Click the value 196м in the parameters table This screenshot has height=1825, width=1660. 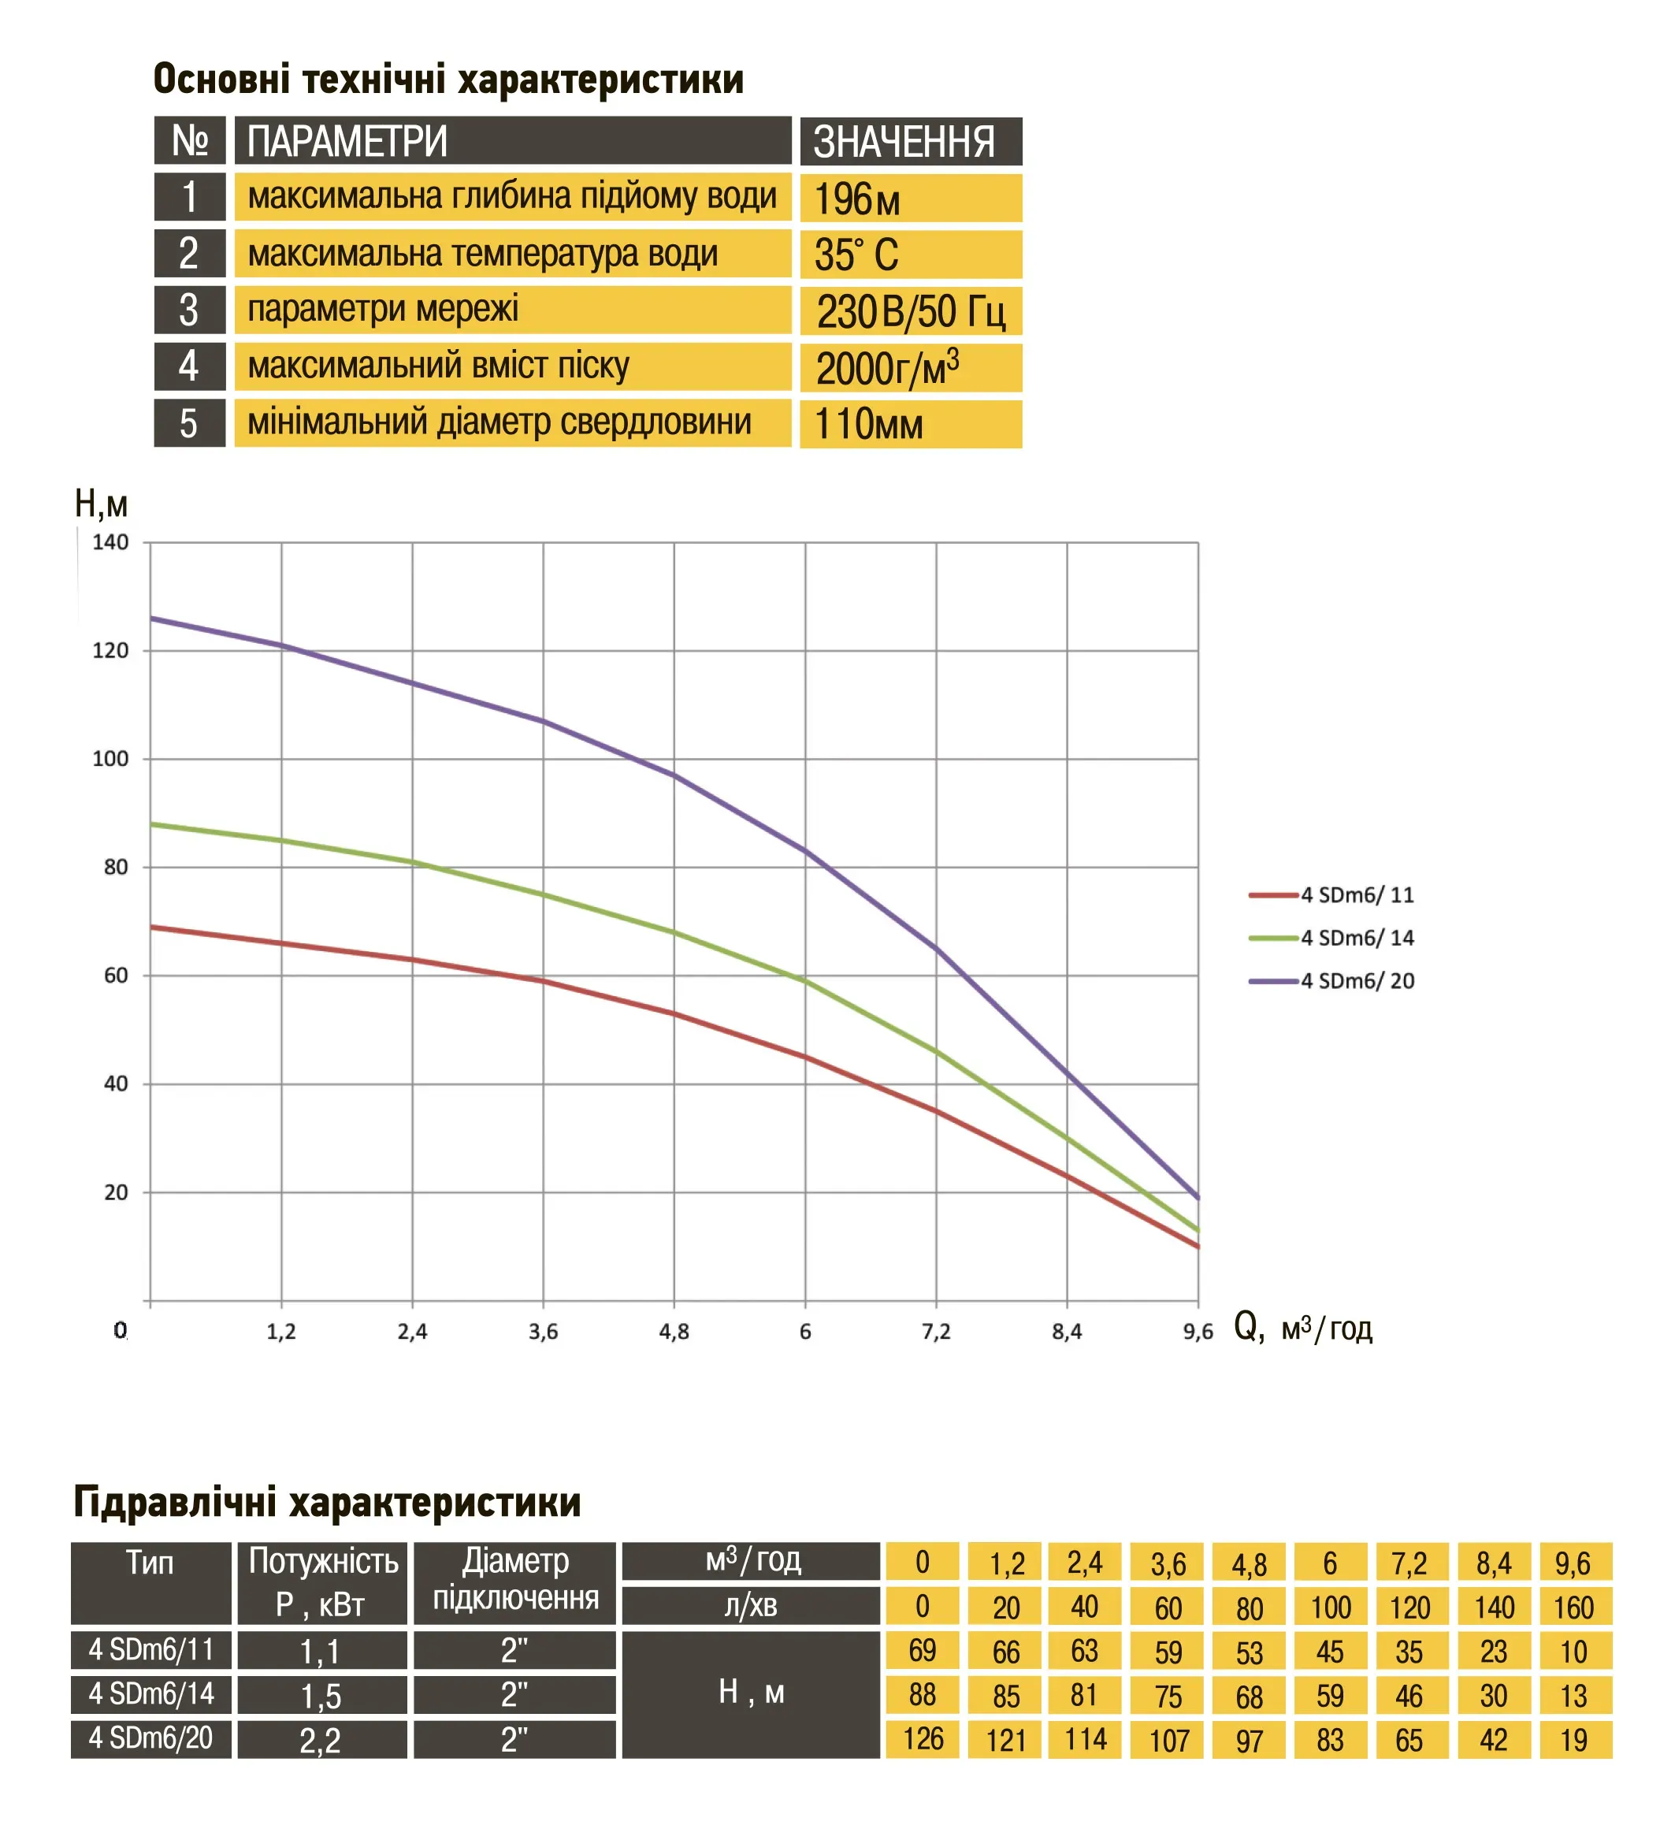[856, 199]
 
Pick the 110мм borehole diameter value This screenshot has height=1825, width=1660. [868, 425]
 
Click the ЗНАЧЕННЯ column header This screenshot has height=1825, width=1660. [904, 142]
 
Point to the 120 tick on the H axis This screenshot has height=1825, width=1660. [110, 651]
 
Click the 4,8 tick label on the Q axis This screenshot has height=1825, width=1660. [674, 1332]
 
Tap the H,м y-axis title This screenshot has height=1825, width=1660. [101, 504]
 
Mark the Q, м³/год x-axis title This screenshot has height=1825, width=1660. [1302, 1329]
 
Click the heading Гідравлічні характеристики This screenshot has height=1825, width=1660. [327, 1503]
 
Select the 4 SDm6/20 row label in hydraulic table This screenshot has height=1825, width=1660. [151, 1739]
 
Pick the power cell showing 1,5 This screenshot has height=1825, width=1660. [321, 1696]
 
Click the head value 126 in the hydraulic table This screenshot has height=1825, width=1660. [923, 1739]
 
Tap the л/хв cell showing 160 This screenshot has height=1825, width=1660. [1574, 1608]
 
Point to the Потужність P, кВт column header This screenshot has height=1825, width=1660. [322, 1582]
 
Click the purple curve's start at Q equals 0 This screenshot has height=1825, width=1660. [151, 619]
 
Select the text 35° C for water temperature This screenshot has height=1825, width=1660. [856, 255]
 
